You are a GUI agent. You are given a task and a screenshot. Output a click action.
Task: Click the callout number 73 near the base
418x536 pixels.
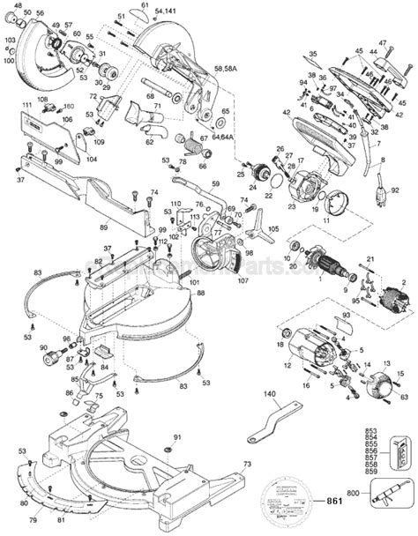tap(248, 464)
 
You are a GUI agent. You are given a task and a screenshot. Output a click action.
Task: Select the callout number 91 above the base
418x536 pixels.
tap(176, 438)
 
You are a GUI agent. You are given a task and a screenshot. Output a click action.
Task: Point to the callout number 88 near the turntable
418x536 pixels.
tap(200, 293)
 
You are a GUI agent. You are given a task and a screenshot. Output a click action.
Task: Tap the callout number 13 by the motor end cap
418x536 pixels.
tap(385, 363)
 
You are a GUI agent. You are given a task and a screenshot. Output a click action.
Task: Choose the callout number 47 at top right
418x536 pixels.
tap(384, 42)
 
